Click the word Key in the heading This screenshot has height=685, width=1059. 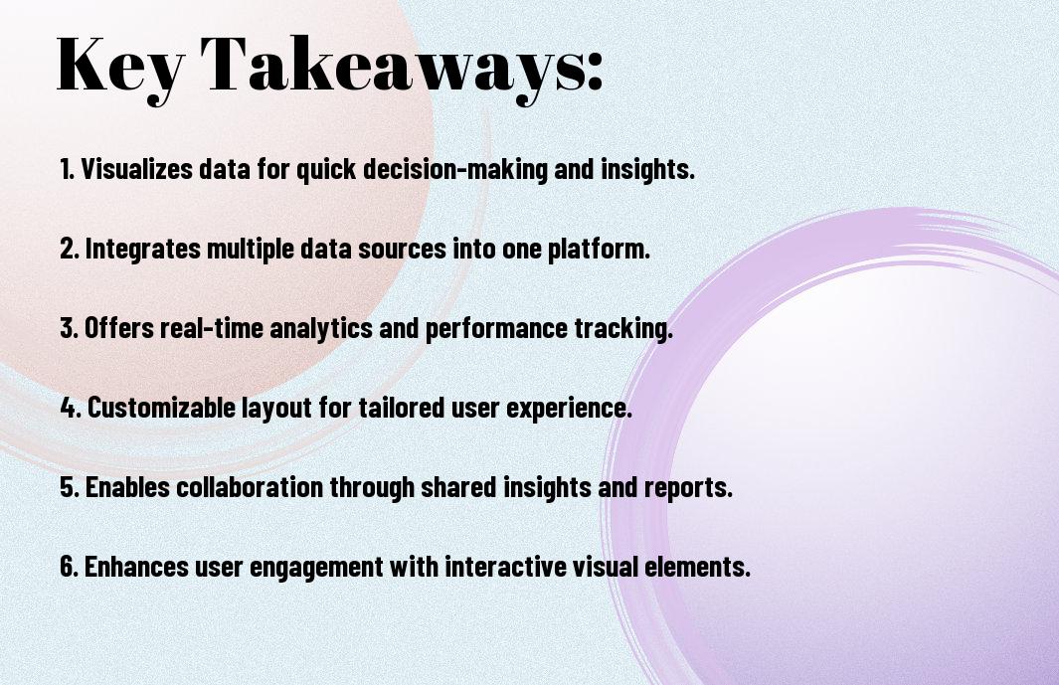120,66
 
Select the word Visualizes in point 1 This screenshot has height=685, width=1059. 136,169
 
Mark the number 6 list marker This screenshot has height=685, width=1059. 69,567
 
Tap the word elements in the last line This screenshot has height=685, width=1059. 697,567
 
